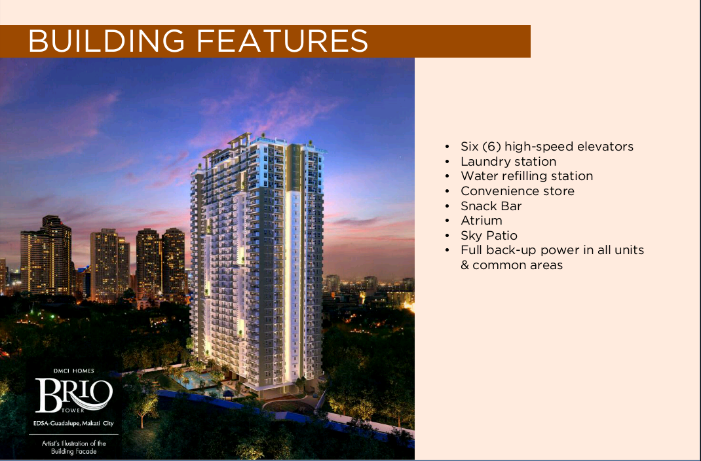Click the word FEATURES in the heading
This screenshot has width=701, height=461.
coord(282,41)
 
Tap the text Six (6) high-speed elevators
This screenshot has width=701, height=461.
coord(547,147)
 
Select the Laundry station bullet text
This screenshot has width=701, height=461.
coord(508,161)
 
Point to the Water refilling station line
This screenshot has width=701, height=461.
coord(527,176)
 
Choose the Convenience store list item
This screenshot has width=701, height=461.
coord(518,191)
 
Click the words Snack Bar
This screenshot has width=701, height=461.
coord(491,206)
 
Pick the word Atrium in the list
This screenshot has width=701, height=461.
coord(481,221)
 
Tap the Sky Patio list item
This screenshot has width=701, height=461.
coord(489,236)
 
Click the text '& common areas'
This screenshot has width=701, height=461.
coord(512,265)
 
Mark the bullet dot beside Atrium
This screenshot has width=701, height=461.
coord(447,221)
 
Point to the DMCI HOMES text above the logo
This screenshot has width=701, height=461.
coord(74,371)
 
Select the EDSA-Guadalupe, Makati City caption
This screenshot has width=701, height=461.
coord(74,423)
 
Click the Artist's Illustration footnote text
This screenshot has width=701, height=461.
coord(74,447)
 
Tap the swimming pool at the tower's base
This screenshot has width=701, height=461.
coord(195,380)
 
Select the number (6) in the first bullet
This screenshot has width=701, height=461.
coord(491,147)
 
